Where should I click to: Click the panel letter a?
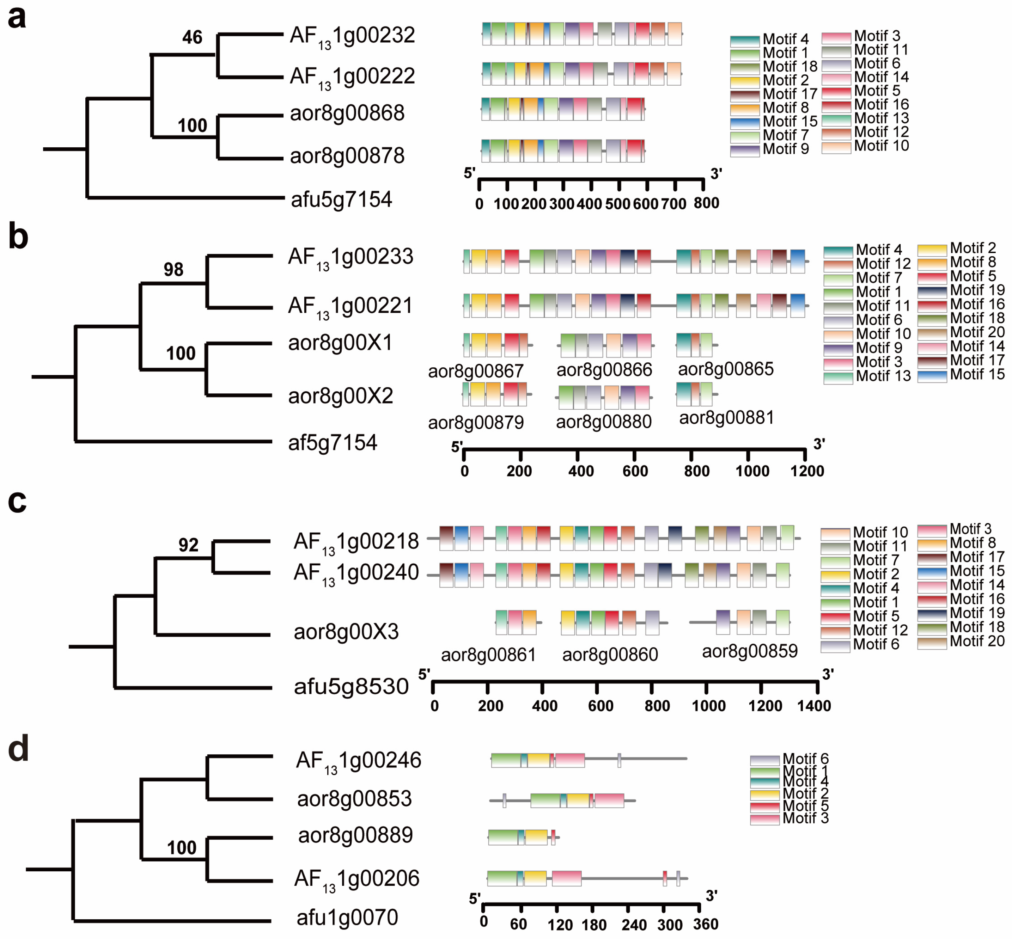tap(17, 18)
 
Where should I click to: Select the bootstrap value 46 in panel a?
tap(192, 37)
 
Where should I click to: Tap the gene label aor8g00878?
tap(347, 155)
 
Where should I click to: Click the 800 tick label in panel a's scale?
tap(706, 203)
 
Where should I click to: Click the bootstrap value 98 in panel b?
tap(173, 269)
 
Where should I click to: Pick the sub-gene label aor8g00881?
tap(726, 418)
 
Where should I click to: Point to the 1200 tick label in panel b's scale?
tap(807, 471)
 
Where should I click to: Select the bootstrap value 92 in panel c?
tap(188, 545)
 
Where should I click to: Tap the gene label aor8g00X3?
tap(346, 632)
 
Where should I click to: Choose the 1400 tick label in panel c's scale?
tap(814, 706)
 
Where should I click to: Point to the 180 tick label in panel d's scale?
tap(594, 925)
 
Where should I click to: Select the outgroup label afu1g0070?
tap(347, 917)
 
